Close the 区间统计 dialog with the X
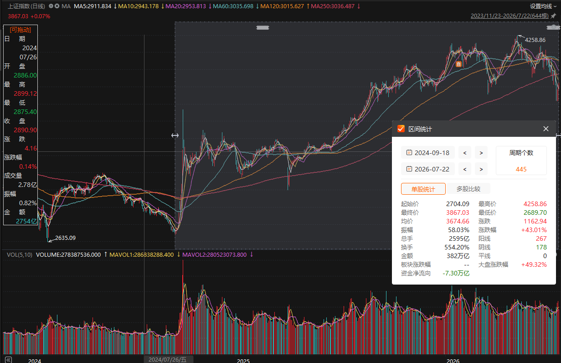pyautogui.click(x=546, y=129)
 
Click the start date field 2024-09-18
pyautogui.click(x=428, y=153)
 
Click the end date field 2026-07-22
pyautogui.click(x=428, y=169)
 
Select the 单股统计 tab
pyautogui.click(x=423, y=189)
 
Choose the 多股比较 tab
pyautogui.click(x=468, y=189)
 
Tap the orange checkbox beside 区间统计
pyautogui.click(x=401, y=129)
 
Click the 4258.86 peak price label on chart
pyautogui.click(x=535, y=40)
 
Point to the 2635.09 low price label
pyautogui.click(x=65, y=238)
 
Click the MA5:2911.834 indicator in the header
pyautogui.click(x=93, y=6)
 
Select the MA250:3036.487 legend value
pyautogui.click(x=333, y=6)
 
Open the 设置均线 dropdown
pyautogui.click(x=543, y=6)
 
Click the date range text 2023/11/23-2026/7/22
pyautogui.click(x=510, y=16)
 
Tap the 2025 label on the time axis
pyautogui.click(x=243, y=361)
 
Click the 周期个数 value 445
pyautogui.click(x=521, y=169)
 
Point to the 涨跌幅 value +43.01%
pyautogui.click(x=534, y=230)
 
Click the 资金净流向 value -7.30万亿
pyautogui.click(x=456, y=273)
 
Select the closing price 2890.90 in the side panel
pyautogui.click(x=26, y=130)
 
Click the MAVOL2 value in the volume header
pyautogui.click(x=214, y=255)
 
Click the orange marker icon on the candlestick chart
pyautogui.click(x=458, y=64)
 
